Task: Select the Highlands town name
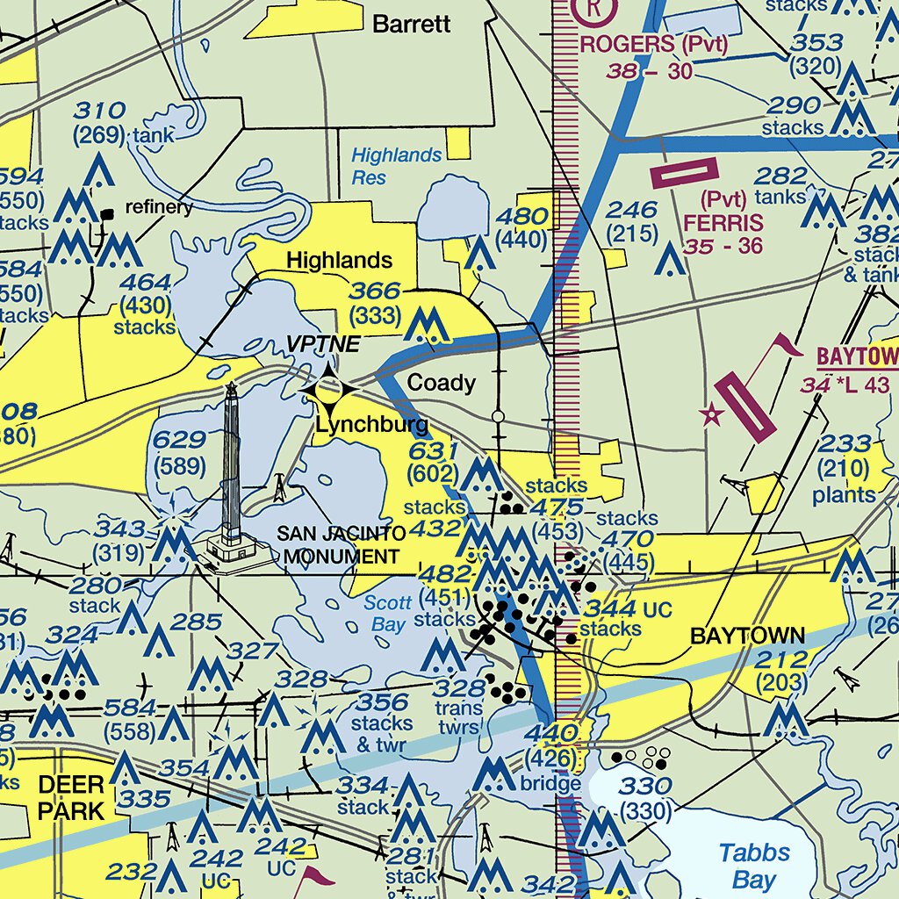coord(339,261)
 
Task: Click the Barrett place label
coord(411,24)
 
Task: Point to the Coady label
coord(442,383)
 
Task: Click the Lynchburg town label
coord(372,427)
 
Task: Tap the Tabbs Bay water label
coord(754,866)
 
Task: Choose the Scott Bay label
coord(387,614)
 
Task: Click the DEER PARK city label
coord(70,796)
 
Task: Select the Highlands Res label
coord(396,166)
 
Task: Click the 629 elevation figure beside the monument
coord(179,442)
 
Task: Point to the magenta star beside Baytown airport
coord(711,414)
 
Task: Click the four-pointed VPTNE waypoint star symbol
coord(328,388)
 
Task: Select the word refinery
coord(159,207)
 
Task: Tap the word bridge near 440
coord(550,783)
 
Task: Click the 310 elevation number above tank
coord(99,111)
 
